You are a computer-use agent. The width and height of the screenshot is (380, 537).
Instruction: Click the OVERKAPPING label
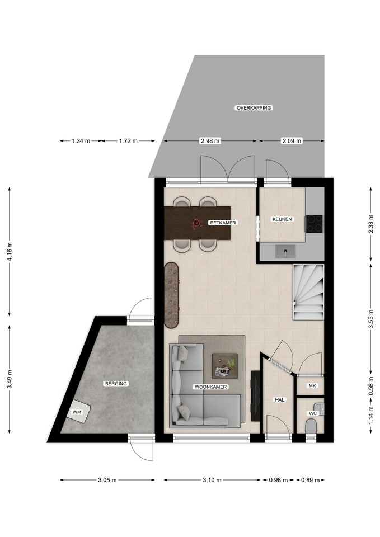tap(254, 107)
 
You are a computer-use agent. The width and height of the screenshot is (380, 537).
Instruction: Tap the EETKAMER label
tap(223, 223)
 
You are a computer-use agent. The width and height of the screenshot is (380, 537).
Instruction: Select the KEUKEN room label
tap(282, 219)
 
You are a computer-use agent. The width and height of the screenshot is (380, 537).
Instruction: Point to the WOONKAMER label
tap(211, 387)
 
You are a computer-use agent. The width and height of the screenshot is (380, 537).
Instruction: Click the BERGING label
tap(116, 384)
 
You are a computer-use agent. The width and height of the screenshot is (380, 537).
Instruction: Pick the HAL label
tap(280, 399)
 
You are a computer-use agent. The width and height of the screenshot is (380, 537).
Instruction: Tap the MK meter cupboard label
tap(312, 385)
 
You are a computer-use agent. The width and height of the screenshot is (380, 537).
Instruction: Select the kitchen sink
tap(285, 251)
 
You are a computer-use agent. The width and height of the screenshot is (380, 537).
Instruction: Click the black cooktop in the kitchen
tap(315, 224)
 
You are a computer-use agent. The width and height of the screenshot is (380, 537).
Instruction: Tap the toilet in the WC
tap(311, 427)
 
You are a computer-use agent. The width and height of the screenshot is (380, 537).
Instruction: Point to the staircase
tap(308, 292)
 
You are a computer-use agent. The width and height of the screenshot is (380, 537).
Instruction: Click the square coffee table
tap(224, 366)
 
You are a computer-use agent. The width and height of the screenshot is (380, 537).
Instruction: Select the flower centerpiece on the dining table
tap(196, 223)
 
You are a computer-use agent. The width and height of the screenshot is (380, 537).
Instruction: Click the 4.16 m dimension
tap(10, 252)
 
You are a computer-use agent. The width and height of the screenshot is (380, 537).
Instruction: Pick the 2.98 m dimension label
tap(210, 141)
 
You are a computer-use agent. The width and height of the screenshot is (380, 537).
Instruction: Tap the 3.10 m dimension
tap(212, 480)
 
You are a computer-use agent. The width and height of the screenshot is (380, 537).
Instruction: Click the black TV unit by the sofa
tap(255, 396)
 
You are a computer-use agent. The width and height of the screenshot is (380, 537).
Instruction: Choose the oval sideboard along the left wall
tap(172, 295)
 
